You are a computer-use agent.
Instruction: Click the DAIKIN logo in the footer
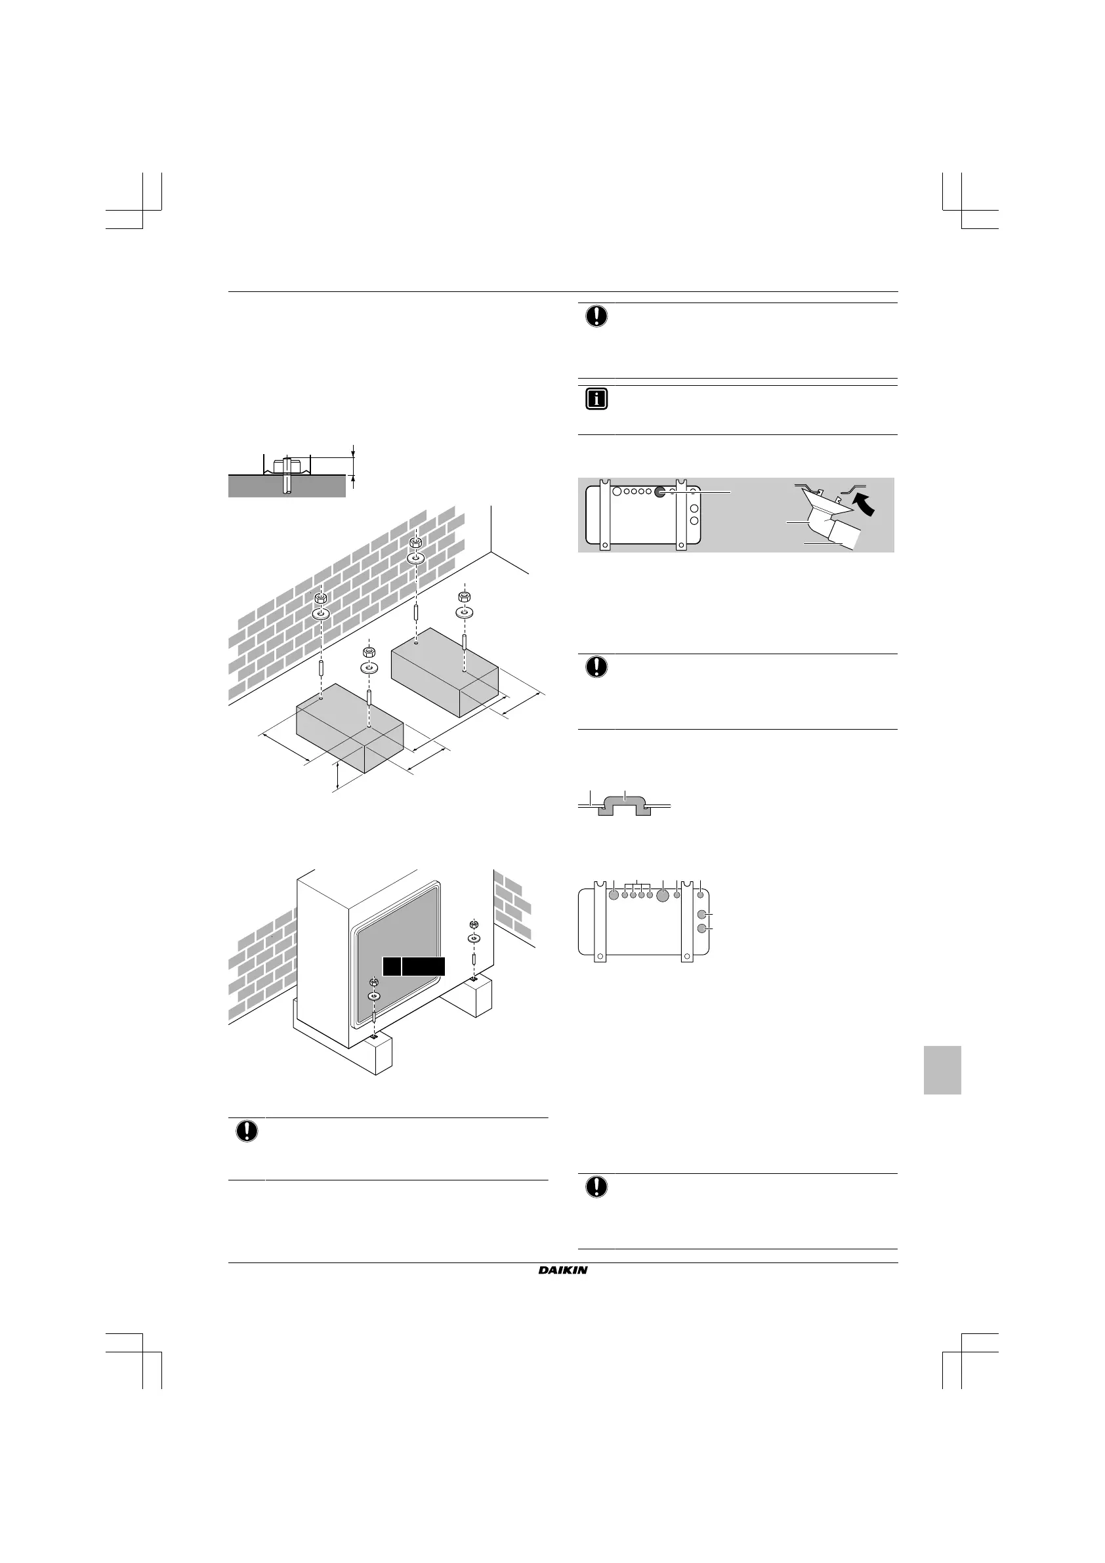[562, 1270]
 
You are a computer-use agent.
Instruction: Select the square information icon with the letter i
[596, 400]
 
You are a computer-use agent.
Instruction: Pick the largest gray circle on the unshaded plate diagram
[663, 895]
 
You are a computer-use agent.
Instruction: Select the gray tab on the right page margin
[942, 1070]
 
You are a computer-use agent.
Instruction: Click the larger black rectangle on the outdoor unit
[423, 966]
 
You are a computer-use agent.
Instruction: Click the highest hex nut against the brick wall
[415, 543]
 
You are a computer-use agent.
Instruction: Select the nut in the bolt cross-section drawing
[286, 466]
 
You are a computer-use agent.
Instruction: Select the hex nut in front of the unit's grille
[374, 982]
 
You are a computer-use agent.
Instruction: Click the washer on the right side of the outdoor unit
[474, 938]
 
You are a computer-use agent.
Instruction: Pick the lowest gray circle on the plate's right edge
[702, 928]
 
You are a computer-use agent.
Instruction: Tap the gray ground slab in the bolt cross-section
[287, 487]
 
